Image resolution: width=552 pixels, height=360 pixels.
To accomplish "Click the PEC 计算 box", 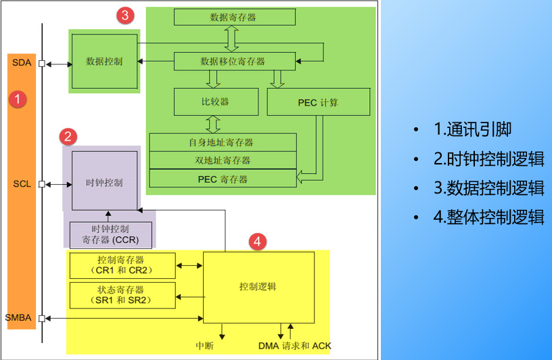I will (318, 103).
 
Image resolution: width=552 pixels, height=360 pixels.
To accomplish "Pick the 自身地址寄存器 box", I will (222, 143).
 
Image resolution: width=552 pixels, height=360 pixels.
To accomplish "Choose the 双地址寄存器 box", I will (222, 160).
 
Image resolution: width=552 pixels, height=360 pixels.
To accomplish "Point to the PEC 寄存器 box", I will (222, 179).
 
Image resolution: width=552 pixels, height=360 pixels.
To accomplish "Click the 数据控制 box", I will (104, 61).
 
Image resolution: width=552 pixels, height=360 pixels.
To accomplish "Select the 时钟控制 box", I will (104, 183).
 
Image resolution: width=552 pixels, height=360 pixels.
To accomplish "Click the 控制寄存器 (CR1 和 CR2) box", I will (122, 265).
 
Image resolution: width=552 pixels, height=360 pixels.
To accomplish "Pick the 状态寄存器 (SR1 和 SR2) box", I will (122, 295).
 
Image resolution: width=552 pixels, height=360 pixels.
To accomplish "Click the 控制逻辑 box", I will (258, 287).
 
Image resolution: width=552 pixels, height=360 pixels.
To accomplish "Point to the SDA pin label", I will (21, 63).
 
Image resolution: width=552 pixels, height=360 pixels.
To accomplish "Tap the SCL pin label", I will (21, 183).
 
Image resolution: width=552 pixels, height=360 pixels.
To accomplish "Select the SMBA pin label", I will (18, 317).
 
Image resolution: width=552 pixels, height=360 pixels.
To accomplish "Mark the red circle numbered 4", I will (256, 240).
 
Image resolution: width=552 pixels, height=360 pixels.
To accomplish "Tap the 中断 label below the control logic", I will (205, 346).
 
